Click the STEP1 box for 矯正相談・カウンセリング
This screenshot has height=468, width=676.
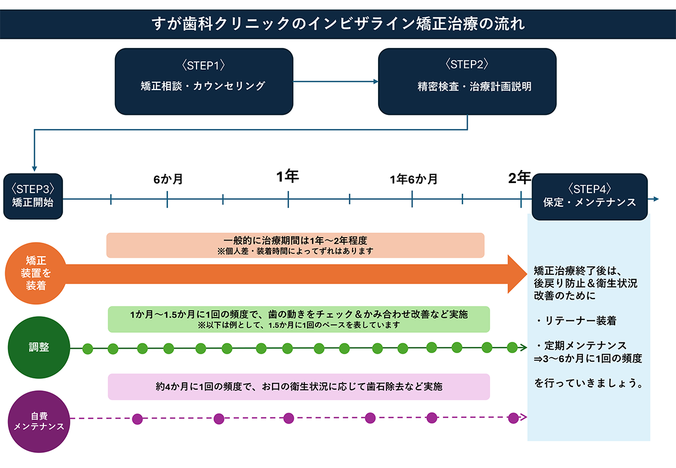203,81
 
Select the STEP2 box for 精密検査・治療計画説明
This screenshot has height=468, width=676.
467,81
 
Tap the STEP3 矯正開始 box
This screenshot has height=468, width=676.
33,196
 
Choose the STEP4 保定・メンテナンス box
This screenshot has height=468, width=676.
589,196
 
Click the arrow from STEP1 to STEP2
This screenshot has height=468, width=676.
335,82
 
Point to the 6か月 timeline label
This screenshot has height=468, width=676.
168,180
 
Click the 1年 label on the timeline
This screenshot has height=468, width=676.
288,177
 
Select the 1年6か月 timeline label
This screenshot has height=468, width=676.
413,180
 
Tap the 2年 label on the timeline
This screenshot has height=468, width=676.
519,178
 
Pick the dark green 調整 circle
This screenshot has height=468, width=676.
38,347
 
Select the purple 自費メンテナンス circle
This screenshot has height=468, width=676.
38,421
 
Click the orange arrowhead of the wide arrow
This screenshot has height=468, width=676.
517,274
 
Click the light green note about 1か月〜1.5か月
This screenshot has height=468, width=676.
299,319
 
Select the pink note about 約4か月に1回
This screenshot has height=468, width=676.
299,387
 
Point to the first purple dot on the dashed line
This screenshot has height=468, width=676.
137,418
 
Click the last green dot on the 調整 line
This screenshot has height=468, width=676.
512,346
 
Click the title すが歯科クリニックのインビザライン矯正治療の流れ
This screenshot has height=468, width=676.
338,24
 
